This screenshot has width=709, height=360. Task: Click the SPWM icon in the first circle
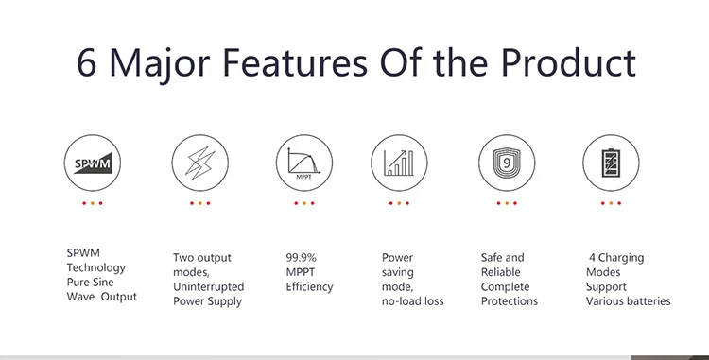[93, 163]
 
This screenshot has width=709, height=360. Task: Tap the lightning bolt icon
[199, 163]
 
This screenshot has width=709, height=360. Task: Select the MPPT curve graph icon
[304, 163]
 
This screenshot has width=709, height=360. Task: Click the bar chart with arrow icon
[399, 163]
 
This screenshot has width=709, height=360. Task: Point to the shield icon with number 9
[507, 163]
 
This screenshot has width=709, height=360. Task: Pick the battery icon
[611, 163]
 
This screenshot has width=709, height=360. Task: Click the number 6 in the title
[86, 62]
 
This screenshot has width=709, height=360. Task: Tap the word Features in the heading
[295, 62]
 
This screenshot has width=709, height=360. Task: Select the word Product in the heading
[568, 61]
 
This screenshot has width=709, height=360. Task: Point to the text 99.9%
[302, 257]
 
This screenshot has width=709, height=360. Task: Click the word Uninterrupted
[209, 286]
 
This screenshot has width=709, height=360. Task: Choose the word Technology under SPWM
[95, 267]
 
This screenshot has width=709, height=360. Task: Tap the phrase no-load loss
[412, 301]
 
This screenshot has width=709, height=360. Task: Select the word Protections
[510, 301]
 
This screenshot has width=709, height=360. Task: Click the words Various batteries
[628, 301]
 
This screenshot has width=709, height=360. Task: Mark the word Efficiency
[309, 287]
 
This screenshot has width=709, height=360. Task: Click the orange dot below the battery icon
[611, 203]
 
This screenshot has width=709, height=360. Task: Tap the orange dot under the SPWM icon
[93, 203]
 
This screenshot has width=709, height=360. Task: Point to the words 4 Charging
[616, 258]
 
